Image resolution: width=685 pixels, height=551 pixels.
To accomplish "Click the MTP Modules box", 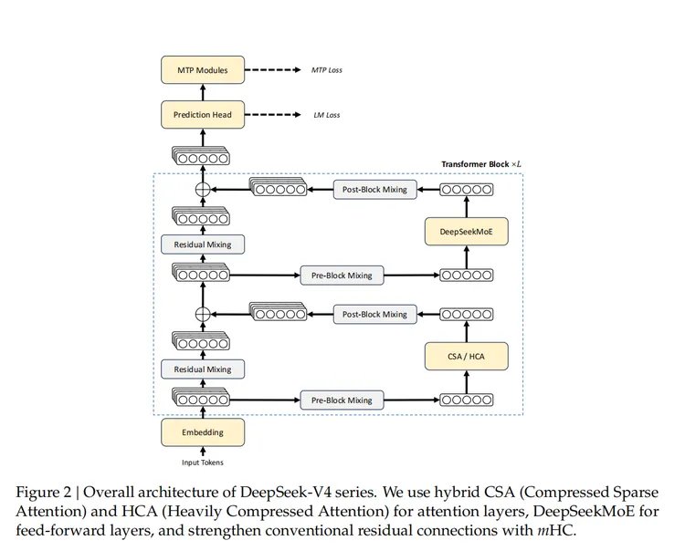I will coord(202,69).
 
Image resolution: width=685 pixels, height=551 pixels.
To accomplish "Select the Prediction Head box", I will coord(202,114).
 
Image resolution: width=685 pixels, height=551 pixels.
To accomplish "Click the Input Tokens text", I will coord(202,463).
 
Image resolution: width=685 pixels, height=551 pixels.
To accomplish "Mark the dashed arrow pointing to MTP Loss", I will coord(274,69).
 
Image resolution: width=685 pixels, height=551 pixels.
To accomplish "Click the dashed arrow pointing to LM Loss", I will coord(274,114).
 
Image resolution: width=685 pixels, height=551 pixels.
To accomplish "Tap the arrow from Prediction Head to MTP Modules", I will coord(202,91).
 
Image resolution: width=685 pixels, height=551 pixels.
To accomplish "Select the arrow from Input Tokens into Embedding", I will coord(202,450).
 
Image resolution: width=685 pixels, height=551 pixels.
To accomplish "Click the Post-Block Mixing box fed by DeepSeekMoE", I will coord(376,189).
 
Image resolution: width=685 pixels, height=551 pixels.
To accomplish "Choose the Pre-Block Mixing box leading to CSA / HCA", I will coord(336,400).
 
